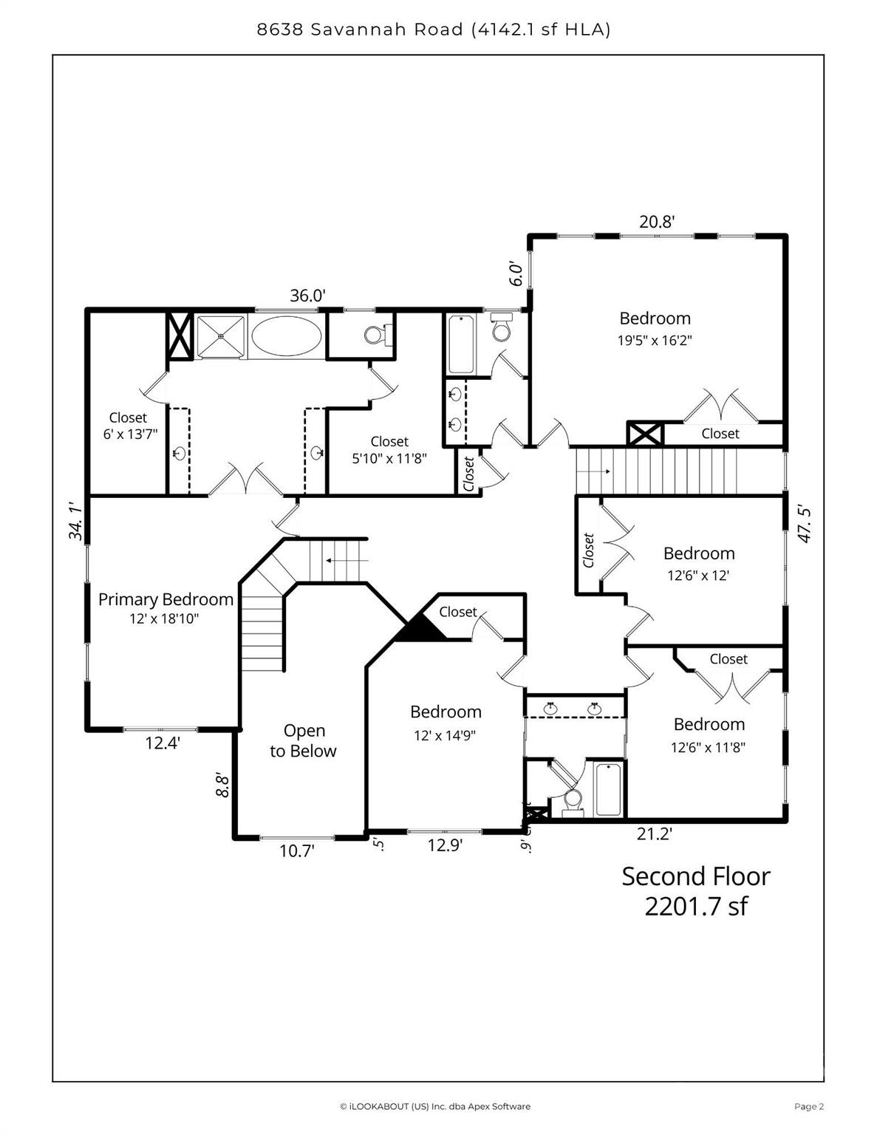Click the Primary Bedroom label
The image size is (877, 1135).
(x=165, y=599)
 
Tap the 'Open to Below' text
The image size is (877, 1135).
(x=304, y=740)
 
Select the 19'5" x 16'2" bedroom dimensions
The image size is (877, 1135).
(x=655, y=341)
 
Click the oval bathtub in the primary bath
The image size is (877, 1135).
(x=287, y=336)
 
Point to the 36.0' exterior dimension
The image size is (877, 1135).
(x=307, y=296)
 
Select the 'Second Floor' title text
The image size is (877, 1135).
(x=695, y=876)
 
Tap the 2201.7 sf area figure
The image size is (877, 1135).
(x=695, y=906)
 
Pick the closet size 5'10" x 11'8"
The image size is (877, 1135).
(x=389, y=457)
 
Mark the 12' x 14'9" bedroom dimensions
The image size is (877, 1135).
(x=445, y=735)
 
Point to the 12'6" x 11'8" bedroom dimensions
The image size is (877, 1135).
(x=708, y=747)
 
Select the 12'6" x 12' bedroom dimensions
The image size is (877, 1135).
(x=698, y=575)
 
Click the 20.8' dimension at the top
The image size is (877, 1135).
(x=657, y=221)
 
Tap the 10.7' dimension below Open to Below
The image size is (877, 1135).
(x=297, y=851)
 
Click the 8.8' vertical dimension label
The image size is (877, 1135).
(x=222, y=784)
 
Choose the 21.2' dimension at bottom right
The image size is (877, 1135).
(x=654, y=834)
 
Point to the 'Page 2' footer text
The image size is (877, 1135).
(x=808, y=1106)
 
